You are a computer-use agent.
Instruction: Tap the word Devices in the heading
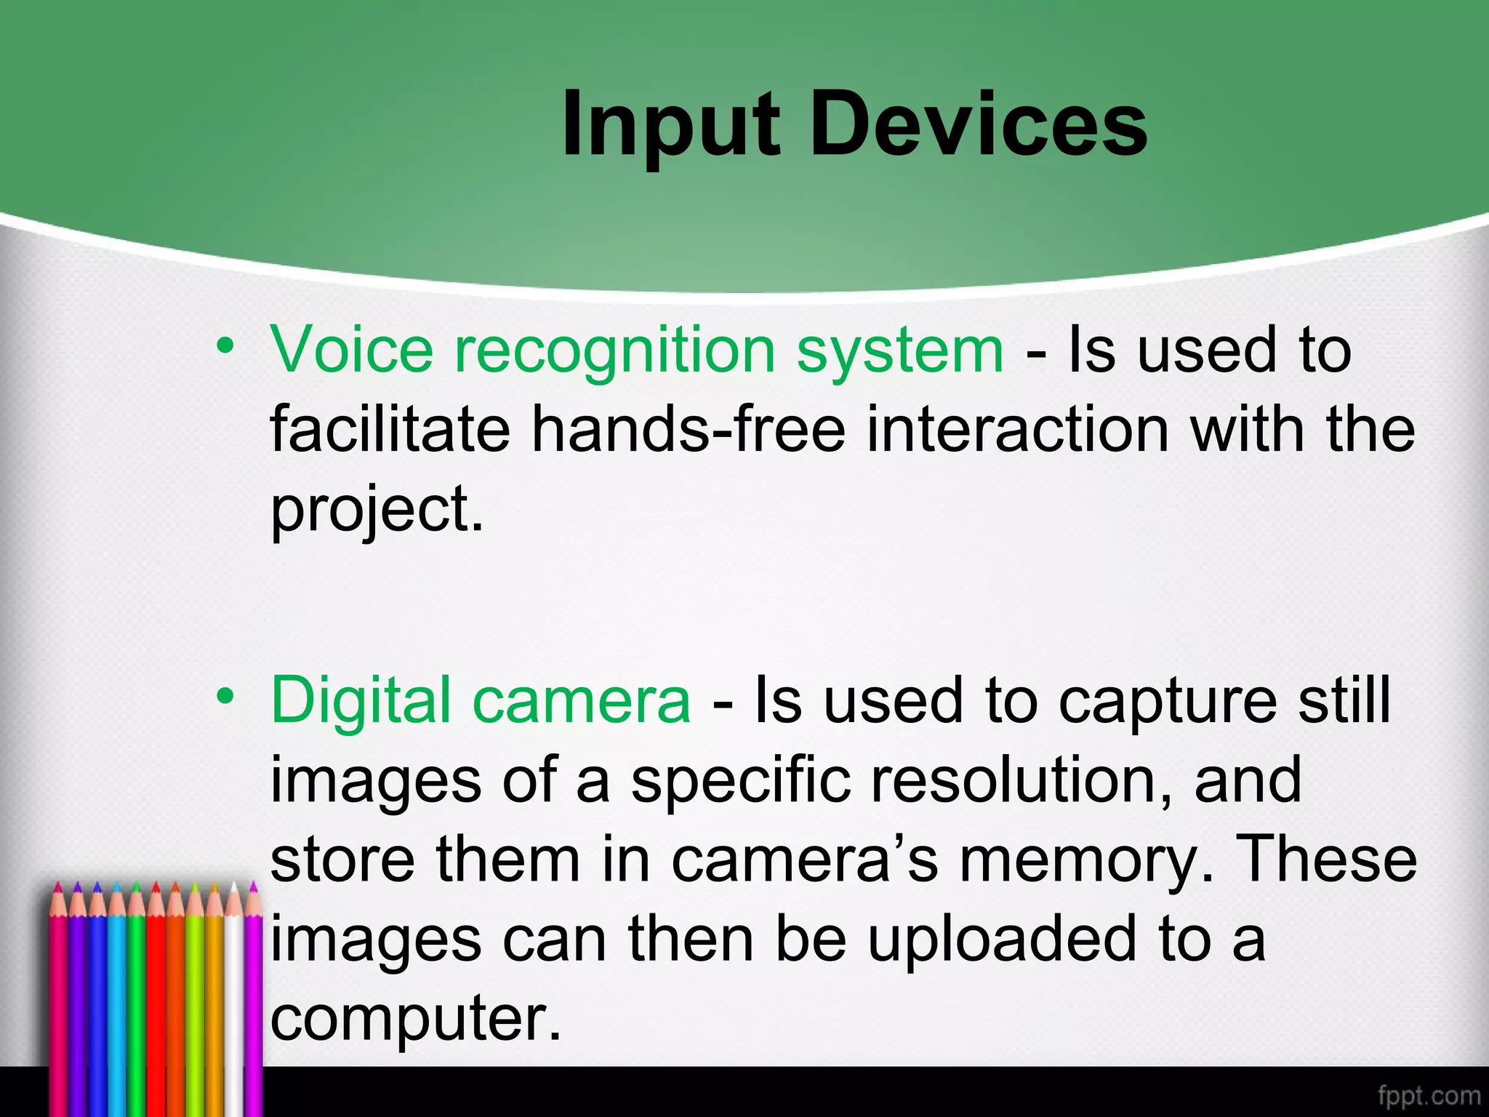pyautogui.click(x=978, y=125)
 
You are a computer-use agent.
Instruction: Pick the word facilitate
pyautogui.click(x=390, y=429)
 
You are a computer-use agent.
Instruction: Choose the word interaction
pyautogui.click(x=1018, y=429)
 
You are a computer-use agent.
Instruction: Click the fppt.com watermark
pyautogui.click(x=1428, y=1095)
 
